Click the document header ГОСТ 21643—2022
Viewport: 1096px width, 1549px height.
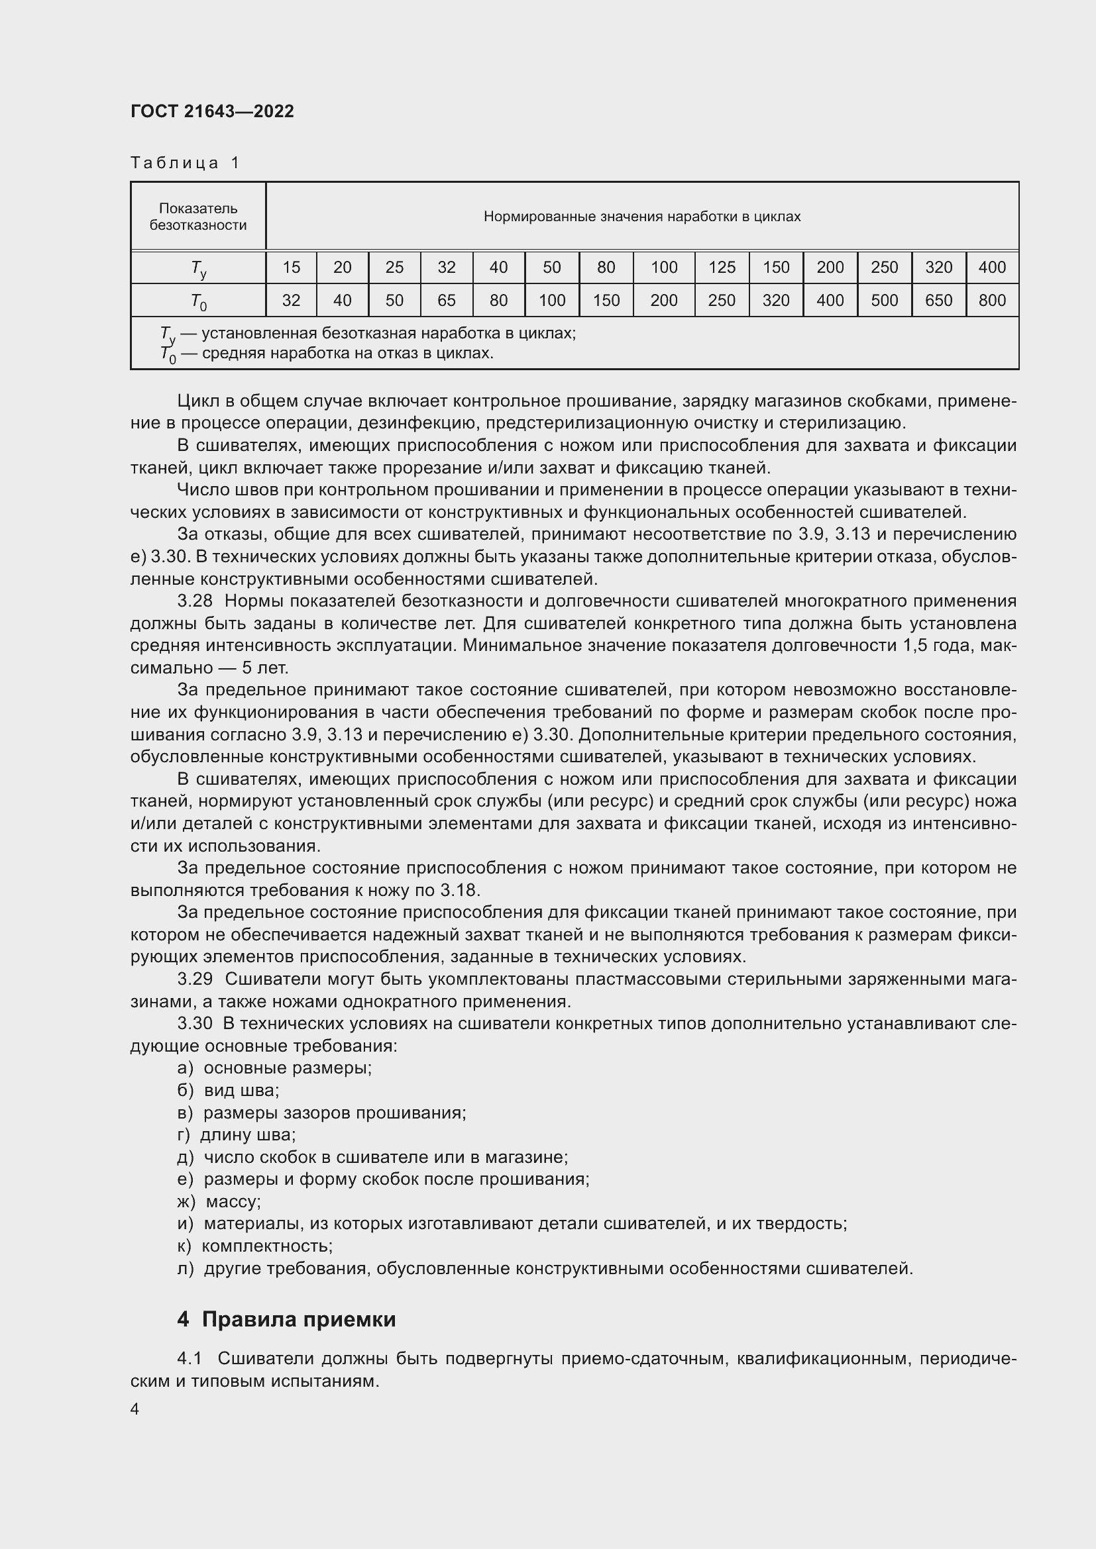(212, 111)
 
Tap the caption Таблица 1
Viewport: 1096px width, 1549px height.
(185, 163)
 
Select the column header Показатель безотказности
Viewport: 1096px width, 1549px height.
(197, 217)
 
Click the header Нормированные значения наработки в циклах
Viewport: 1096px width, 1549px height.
(642, 217)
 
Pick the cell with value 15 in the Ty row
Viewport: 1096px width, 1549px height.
(291, 268)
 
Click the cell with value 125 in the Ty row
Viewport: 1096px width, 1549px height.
(722, 268)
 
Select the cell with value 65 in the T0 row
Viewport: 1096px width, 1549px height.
(446, 300)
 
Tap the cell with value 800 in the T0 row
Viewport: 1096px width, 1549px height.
(991, 300)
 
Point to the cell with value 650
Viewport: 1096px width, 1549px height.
(938, 300)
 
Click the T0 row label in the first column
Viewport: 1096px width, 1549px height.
(197, 301)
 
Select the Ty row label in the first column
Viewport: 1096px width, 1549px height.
(197, 268)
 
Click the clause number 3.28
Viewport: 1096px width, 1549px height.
(195, 601)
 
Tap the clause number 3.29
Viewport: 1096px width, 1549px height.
(195, 979)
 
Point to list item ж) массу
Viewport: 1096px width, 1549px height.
(219, 1201)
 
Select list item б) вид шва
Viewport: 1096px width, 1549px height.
(228, 1090)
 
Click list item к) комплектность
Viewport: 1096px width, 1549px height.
(255, 1246)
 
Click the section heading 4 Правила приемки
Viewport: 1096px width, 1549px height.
(286, 1319)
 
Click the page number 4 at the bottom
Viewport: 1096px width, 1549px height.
(135, 1409)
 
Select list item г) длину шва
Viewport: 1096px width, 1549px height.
(236, 1135)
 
